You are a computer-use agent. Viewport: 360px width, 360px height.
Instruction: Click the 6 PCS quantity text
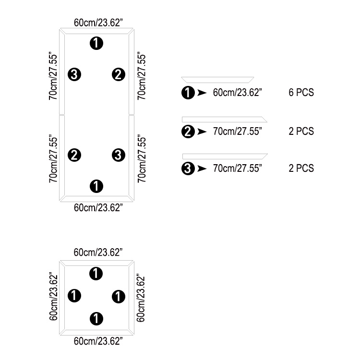point(301,92)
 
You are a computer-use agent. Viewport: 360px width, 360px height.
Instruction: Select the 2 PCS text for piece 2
point(301,131)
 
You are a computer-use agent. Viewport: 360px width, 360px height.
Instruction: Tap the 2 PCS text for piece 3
point(301,168)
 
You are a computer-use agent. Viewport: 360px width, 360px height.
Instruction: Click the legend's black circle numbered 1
point(188,93)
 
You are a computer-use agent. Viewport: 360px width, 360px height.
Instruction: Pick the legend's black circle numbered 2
point(188,132)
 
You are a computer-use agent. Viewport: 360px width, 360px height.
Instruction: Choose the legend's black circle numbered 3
point(188,168)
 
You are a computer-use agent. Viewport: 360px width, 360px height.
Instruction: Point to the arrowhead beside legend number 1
point(202,93)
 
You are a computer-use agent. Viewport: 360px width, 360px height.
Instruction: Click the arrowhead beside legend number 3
point(202,169)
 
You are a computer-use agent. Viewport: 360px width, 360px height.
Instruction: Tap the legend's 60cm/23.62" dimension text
point(238,92)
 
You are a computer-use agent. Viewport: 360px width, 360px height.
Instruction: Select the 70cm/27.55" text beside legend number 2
point(238,131)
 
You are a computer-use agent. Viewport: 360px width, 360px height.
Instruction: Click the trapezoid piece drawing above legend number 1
point(217,80)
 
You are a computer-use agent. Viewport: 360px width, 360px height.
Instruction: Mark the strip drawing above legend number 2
point(225,120)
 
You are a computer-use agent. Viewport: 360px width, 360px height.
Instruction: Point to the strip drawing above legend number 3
point(225,156)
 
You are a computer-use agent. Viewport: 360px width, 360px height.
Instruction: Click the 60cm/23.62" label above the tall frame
point(98,23)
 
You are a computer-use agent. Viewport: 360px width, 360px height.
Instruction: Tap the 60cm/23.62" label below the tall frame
point(98,207)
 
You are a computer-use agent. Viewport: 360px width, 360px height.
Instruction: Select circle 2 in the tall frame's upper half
point(119,74)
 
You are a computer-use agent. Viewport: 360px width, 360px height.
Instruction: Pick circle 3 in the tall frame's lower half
point(119,155)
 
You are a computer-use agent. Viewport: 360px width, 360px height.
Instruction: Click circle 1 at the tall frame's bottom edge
point(96,186)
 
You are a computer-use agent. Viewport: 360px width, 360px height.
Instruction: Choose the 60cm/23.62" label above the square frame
point(98,252)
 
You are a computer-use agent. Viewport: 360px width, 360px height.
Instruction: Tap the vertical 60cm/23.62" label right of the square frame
point(141,298)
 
